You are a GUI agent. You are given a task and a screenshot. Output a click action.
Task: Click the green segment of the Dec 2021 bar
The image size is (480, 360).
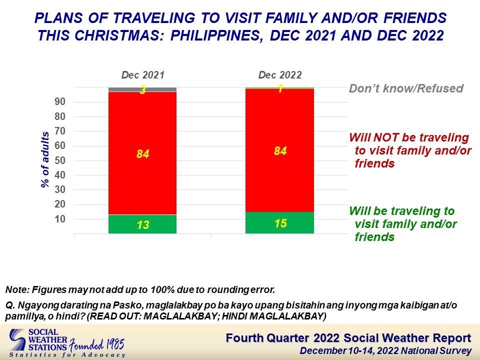(x=142, y=224)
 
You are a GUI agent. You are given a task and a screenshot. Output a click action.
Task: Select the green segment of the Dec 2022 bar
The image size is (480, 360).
(x=279, y=222)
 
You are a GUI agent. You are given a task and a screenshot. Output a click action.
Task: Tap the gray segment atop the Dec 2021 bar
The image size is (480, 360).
(x=142, y=89)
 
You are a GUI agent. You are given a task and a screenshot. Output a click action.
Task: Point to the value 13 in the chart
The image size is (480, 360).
(x=143, y=225)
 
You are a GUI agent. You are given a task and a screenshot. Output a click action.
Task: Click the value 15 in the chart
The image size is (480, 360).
(x=280, y=223)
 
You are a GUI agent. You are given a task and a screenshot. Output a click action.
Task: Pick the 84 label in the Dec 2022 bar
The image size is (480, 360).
(x=280, y=151)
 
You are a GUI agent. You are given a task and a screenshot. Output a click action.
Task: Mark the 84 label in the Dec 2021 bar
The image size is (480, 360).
(x=143, y=153)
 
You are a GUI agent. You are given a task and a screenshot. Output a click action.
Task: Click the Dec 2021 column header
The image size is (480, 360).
(x=143, y=75)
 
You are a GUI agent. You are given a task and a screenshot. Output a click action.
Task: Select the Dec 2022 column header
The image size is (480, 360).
(x=280, y=75)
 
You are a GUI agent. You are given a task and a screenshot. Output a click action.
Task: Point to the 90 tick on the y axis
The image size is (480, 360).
(x=60, y=102)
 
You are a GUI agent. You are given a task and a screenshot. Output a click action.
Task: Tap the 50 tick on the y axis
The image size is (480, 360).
(x=60, y=160)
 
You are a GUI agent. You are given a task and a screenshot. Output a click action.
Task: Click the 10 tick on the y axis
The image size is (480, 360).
(x=60, y=219)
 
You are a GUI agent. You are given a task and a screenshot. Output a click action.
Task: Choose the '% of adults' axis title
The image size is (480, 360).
(x=45, y=159)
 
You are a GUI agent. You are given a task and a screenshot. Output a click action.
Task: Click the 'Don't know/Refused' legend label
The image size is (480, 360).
(x=406, y=88)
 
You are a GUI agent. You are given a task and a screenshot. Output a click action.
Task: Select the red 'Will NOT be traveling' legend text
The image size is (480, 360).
(x=409, y=150)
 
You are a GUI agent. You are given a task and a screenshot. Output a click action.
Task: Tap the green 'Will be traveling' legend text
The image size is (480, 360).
(x=403, y=224)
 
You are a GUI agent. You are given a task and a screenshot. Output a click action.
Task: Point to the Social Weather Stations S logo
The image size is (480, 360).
(x=17, y=340)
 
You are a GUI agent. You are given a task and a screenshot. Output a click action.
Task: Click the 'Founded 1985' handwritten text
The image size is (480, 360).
(x=96, y=344)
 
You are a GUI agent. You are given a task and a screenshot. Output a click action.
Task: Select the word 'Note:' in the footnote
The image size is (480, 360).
(x=17, y=289)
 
